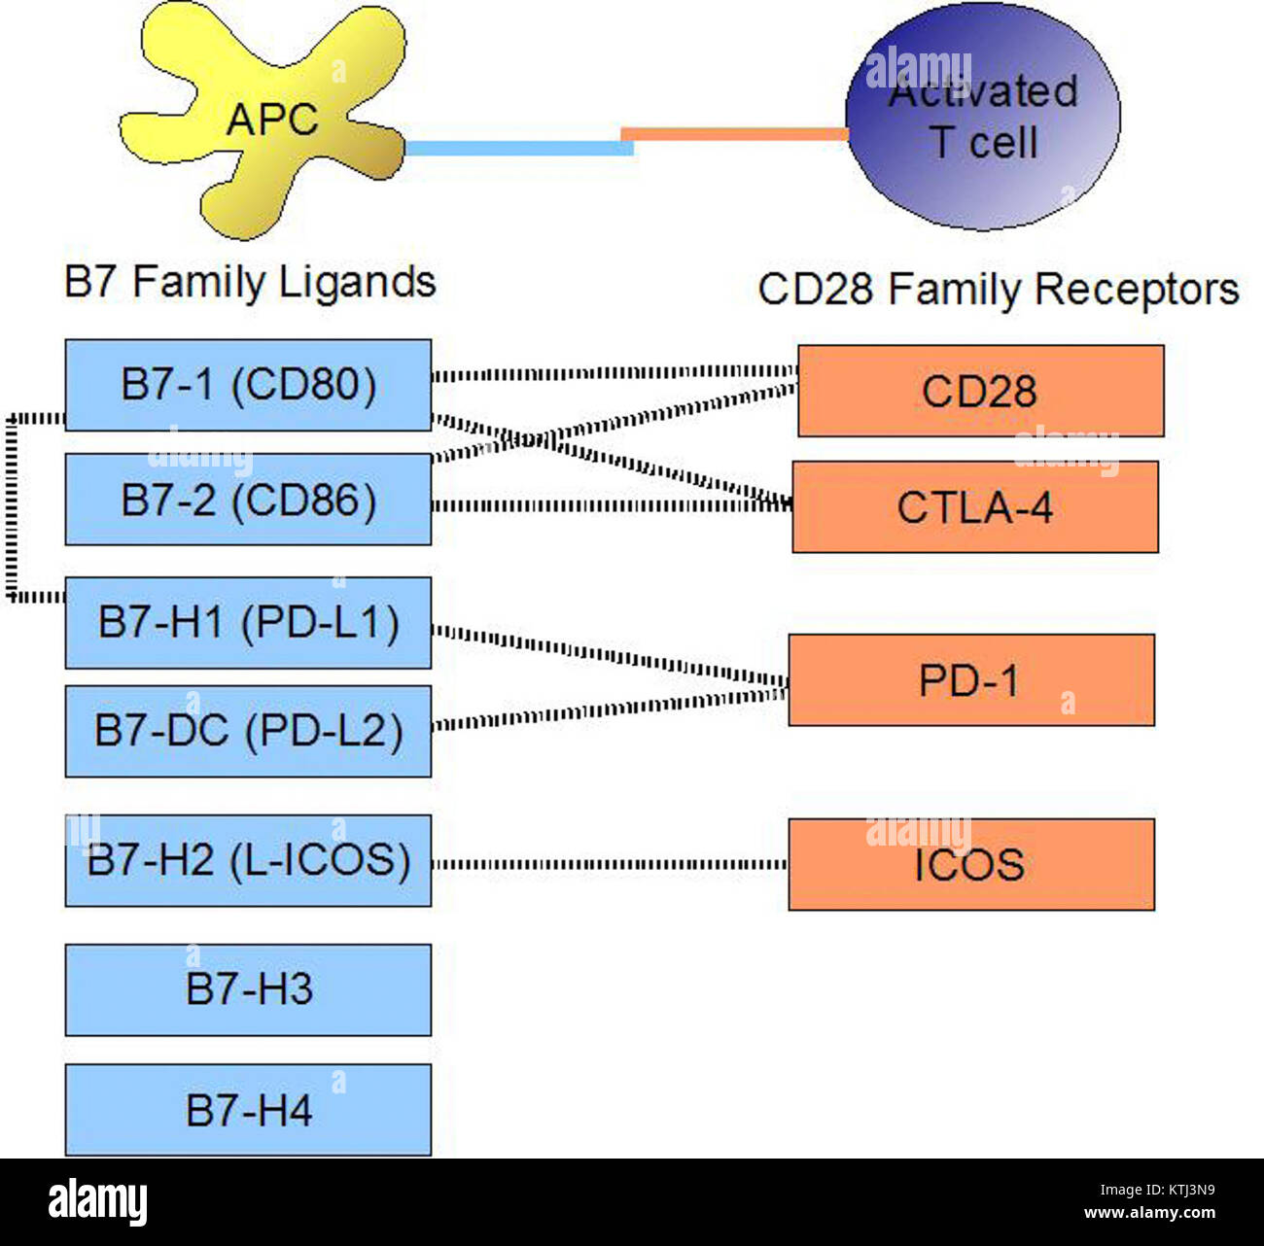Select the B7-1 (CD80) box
coord(248,385)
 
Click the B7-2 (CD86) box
coord(248,500)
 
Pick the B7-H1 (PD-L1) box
coord(248,623)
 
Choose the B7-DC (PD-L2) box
coord(248,731)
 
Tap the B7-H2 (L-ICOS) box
coord(248,861)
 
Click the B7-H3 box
coord(248,989)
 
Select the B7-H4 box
coord(248,1110)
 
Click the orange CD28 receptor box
coord(980,391)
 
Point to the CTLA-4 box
coord(975,507)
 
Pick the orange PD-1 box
coord(970,680)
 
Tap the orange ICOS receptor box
coord(970,864)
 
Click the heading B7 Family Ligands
coord(250,283)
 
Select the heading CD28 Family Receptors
coord(998,290)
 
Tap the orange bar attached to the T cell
coord(734,134)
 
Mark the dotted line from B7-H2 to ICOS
coord(610,864)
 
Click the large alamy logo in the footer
coord(97,1202)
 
